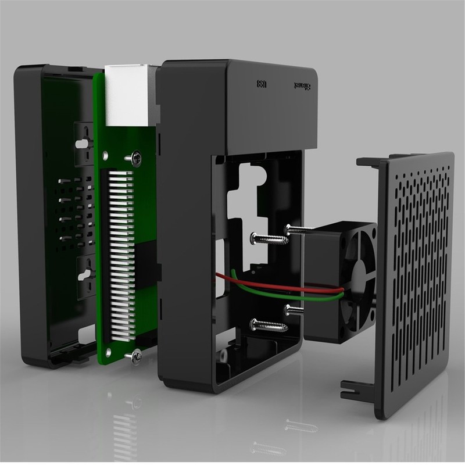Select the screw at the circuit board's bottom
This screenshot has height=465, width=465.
coord(136,355)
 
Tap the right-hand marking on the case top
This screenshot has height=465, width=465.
coord(303,85)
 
